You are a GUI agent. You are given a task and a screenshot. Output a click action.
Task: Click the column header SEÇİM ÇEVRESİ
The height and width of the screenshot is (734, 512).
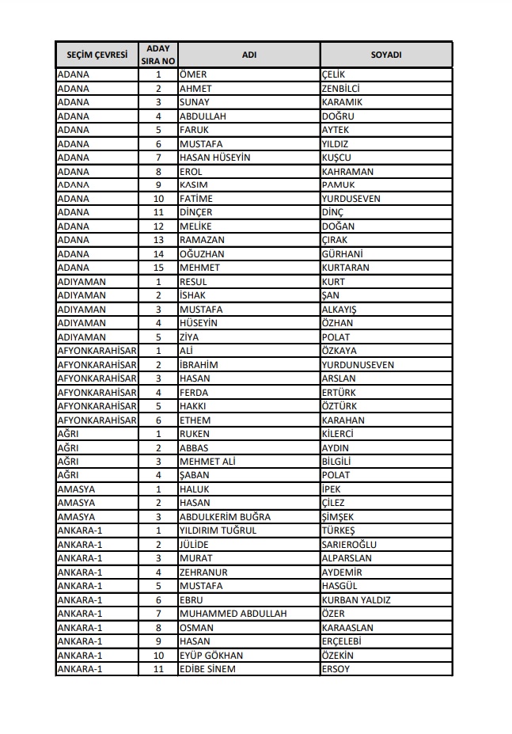click(97, 55)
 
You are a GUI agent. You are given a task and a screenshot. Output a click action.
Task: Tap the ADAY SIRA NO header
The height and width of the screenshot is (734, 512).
click(158, 55)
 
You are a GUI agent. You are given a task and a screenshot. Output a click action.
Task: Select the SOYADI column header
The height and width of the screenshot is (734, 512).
click(386, 55)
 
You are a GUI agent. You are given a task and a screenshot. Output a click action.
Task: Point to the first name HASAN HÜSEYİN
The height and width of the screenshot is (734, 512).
click(214, 158)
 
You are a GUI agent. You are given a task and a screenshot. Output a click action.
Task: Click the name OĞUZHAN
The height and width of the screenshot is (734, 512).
click(202, 254)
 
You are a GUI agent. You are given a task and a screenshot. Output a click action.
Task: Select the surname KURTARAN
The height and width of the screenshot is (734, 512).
click(345, 268)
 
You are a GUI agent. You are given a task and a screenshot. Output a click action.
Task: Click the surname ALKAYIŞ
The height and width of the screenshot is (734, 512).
click(341, 310)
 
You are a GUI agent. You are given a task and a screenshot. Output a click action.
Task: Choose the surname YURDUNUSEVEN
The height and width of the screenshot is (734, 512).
click(358, 365)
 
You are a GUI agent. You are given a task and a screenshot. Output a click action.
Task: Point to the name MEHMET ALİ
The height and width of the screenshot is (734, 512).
click(207, 462)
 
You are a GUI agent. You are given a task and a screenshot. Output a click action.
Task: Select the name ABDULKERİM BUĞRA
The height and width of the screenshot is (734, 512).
click(225, 517)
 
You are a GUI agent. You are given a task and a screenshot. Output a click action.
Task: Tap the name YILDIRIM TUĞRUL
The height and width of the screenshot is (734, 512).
click(218, 531)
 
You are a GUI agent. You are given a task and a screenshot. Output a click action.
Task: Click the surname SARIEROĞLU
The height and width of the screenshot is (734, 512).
click(349, 545)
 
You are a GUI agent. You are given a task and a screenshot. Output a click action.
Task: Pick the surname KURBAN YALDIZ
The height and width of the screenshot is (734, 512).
click(355, 600)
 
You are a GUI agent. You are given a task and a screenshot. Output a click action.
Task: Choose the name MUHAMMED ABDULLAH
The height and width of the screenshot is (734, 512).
click(233, 614)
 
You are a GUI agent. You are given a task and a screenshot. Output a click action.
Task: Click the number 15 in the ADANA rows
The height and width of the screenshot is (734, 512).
click(158, 268)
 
